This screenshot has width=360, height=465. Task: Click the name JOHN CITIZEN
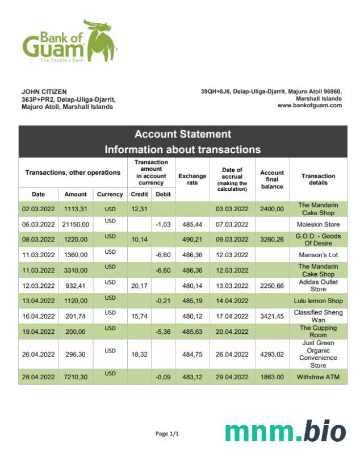(x=44, y=91)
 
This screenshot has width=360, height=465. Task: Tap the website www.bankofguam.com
(x=309, y=105)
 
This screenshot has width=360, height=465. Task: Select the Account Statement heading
(x=182, y=135)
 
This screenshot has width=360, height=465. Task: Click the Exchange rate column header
(x=192, y=179)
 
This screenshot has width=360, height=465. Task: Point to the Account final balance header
(x=272, y=179)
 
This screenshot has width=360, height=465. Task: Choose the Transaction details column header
(x=318, y=179)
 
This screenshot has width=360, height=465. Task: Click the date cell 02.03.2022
(x=38, y=209)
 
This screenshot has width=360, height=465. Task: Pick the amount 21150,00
(x=76, y=224)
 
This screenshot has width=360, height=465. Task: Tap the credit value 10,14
(x=139, y=240)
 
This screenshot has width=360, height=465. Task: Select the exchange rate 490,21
(x=192, y=240)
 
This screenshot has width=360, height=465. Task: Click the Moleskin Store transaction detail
(x=318, y=224)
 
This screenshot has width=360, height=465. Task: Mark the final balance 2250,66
(x=272, y=286)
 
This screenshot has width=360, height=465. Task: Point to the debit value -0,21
(x=164, y=301)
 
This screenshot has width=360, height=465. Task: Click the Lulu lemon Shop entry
(x=318, y=301)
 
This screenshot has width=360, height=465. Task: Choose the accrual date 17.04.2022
(x=232, y=316)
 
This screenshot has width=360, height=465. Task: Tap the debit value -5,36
(x=164, y=332)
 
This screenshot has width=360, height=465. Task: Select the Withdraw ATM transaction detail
(x=318, y=377)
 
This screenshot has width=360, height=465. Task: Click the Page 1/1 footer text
(x=167, y=434)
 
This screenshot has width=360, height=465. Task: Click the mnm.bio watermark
(x=285, y=432)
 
